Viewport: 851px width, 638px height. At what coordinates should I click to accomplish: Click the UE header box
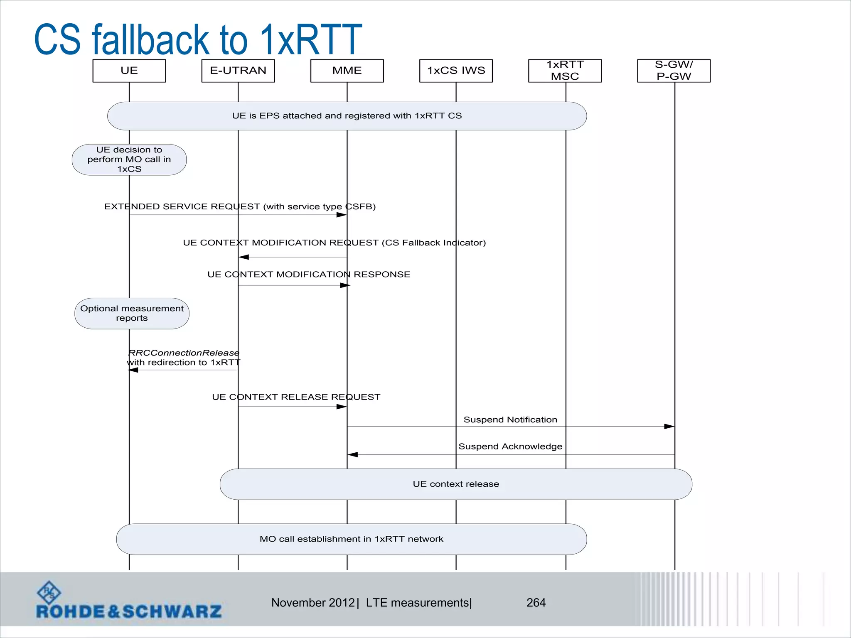coord(129,71)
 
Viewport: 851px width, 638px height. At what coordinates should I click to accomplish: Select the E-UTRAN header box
coord(238,71)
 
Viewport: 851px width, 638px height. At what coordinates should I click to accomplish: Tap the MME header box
coord(347,71)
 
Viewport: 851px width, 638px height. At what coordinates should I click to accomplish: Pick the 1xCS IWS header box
coord(456,71)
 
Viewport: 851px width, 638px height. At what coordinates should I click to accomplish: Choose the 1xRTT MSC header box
coord(565,71)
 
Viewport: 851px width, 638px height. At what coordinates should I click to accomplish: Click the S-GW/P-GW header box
coord(674,71)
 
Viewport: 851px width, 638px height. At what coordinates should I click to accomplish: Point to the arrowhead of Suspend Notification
coord(669,427)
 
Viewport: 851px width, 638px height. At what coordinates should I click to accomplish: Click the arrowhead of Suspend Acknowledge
coord(353,455)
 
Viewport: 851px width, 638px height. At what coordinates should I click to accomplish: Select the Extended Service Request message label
coord(240,206)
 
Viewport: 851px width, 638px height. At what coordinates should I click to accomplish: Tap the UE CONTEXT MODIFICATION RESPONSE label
coord(309,275)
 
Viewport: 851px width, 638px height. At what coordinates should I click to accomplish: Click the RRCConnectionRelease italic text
coord(184,353)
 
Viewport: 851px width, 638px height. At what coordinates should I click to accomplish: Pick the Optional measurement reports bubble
coord(132,314)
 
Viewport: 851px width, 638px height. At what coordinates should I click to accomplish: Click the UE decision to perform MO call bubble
coord(129,159)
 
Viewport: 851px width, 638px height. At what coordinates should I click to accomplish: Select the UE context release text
coord(456,484)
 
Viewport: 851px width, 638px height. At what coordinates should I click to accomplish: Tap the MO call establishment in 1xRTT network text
coord(352,539)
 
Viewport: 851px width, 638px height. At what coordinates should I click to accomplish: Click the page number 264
coord(536,603)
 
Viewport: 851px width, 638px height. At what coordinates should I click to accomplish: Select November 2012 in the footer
coord(313,603)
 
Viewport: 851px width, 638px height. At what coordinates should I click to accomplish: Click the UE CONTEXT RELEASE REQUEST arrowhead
coord(342,407)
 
